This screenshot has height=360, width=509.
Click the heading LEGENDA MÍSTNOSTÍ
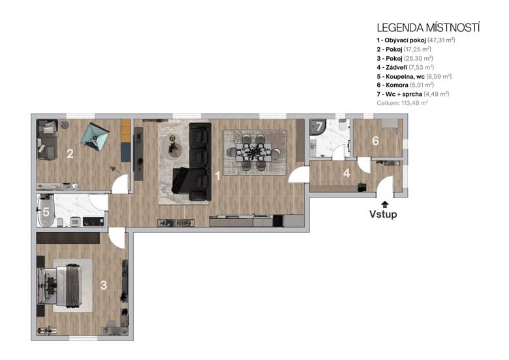(x=428, y=27)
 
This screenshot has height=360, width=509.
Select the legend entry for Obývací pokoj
(x=416, y=40)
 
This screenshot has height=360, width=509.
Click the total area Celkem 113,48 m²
(x=402, y=103)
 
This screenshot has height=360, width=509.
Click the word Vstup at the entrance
(x=383, y=214)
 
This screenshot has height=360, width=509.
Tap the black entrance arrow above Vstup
(x=385, y=203)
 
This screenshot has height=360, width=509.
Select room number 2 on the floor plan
(x=69, y=155)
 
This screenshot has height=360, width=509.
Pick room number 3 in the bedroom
(x=103, y=284)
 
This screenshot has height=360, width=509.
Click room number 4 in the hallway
(x=347, y=174)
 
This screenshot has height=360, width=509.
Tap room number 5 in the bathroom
(x=46, y=212)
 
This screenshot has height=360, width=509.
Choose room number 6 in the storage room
(x=375, y=141)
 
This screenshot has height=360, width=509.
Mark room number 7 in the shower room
(x=318, y=128)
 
